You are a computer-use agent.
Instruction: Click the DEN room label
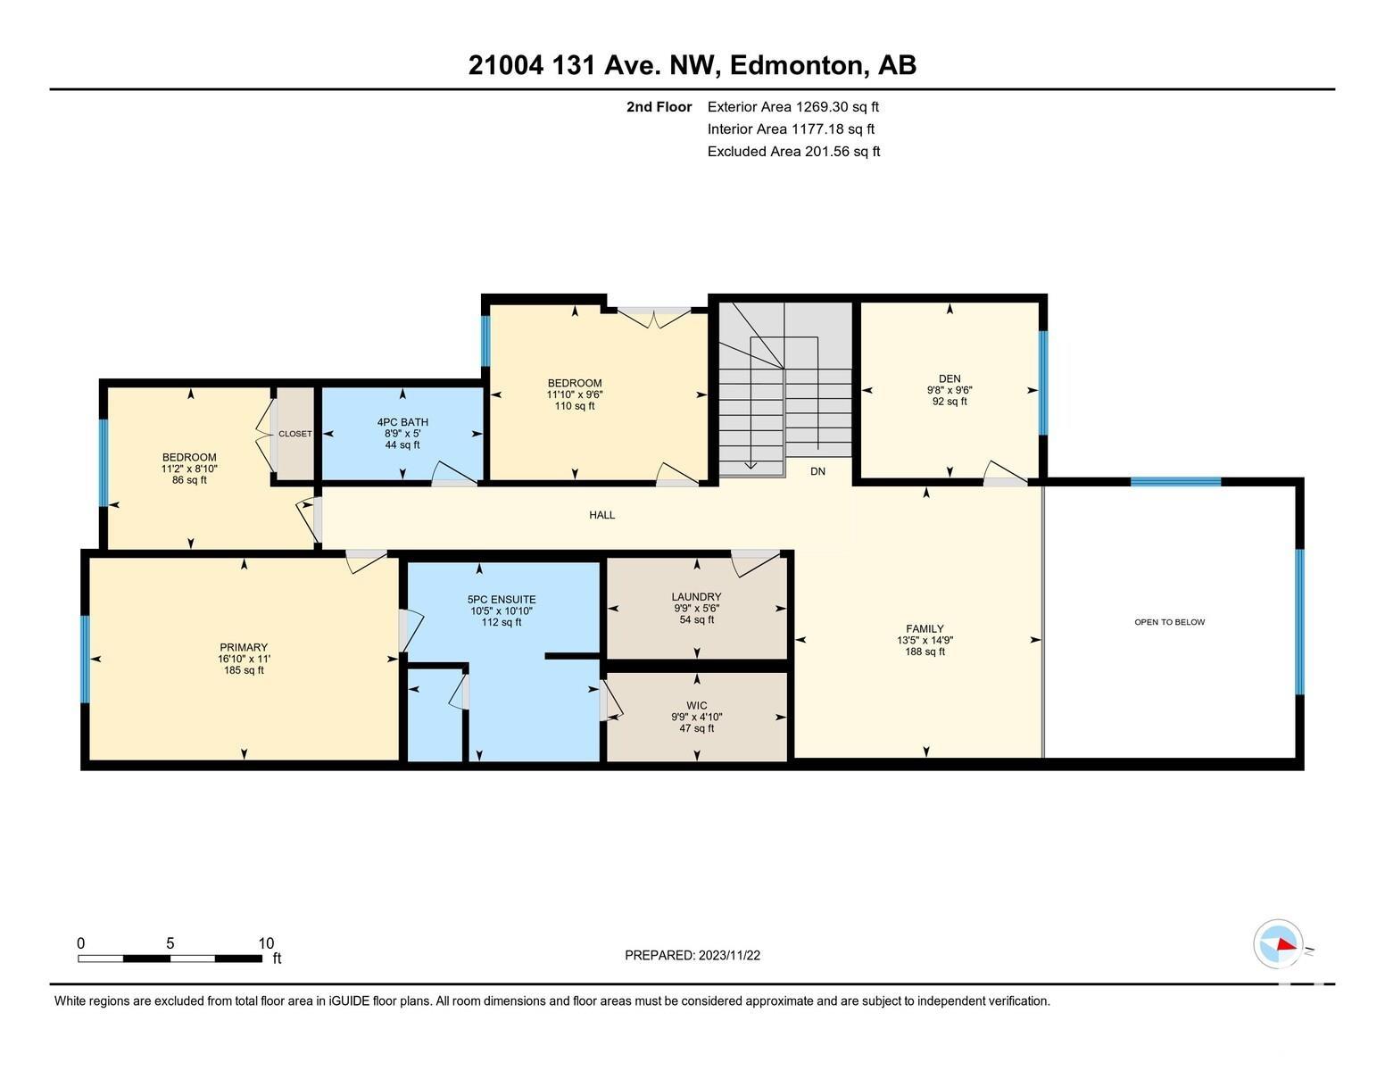949,378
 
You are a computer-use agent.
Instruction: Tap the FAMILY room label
925,628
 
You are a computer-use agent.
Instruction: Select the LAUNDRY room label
696,596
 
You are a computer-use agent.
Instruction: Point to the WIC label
696,705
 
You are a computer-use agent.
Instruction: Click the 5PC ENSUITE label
501,599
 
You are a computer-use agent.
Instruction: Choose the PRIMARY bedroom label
244,647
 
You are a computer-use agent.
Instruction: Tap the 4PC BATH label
402,422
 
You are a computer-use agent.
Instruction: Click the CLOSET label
295,433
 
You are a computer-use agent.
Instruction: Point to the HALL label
601,515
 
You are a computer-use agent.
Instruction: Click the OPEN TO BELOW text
1169,622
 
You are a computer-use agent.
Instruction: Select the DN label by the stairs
817,471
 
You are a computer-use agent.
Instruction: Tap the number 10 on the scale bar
266,943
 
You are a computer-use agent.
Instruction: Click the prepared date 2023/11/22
729,955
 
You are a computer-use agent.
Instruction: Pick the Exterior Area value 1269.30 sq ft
837,107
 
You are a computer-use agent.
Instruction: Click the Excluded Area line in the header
793,152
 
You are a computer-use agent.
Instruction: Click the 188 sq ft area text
925,652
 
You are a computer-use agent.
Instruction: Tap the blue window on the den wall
1042,382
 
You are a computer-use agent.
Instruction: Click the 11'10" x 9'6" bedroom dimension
575,394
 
